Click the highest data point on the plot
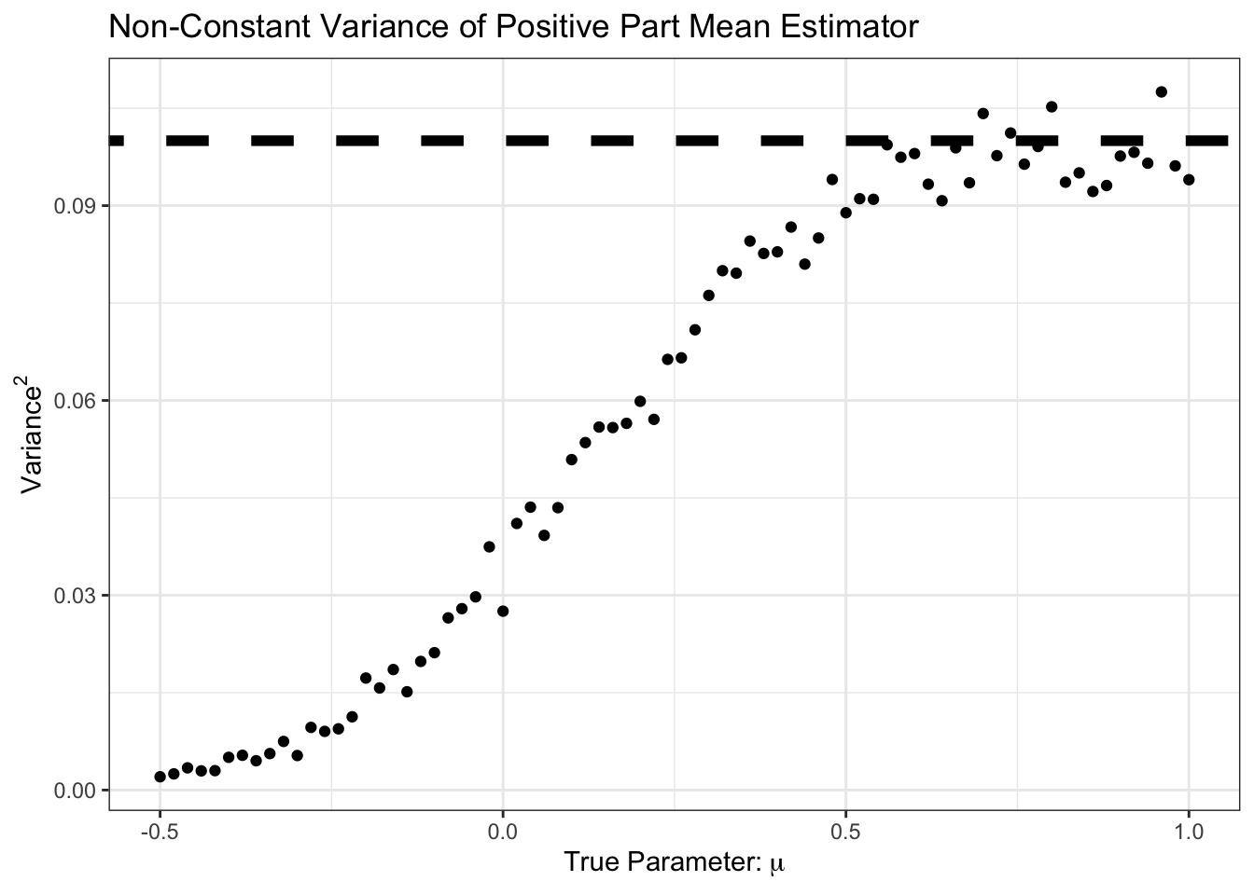[x=1162, y=91]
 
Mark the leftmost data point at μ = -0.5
[x=160, y=777]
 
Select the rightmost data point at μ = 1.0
[x=1189, y=180]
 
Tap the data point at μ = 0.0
[x=503, y=611]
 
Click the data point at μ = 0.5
[x=845, y=213]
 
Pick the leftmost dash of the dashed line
[x=117, y=141]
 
